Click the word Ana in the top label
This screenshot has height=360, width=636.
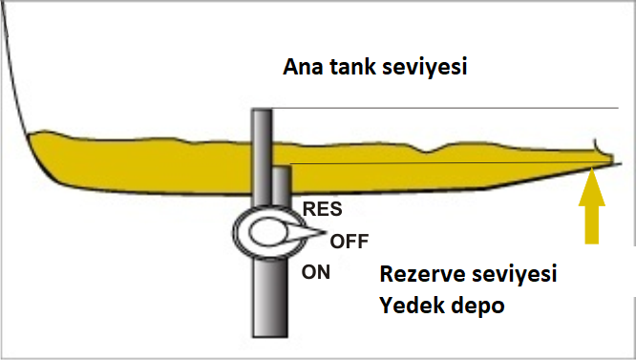pyautogui.click(x=303, y=69)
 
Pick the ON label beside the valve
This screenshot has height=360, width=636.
pyautogui.click(x=316, y=272)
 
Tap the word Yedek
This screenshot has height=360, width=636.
pyautogui.click(x=411, y=308)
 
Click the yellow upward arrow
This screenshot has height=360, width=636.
pyautogui.click(x=593, y=204)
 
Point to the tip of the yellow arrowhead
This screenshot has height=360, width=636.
pyautogui.click(x=593, y=168)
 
